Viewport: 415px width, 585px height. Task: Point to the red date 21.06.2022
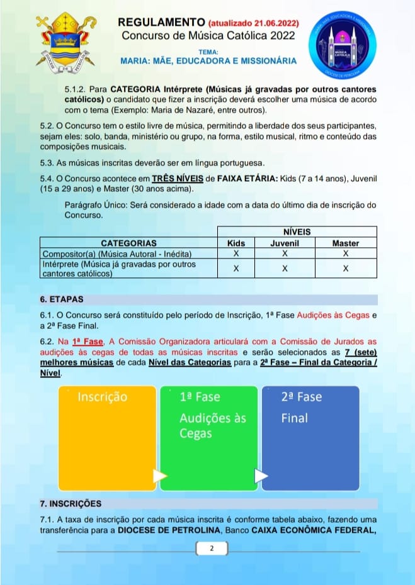(275, 25)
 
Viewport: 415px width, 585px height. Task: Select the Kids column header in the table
(236, 243)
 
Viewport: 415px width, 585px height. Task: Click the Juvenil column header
(285, 243)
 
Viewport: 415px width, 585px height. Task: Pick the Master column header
(345, 243)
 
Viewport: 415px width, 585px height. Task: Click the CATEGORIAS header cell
(128, 243)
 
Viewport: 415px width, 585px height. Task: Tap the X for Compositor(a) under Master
(345, 253)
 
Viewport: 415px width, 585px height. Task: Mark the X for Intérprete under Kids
(236, 269)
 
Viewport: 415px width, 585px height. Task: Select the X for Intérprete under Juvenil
(285, 269)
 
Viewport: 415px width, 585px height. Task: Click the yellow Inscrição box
(107, 438)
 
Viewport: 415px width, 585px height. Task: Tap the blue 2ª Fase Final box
(310, 438)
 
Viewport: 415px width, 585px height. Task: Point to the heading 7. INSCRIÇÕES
(70, 504)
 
